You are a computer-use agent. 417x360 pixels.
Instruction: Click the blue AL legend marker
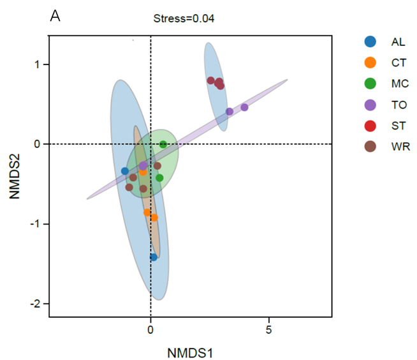pos(369,42)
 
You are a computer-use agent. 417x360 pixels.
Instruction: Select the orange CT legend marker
pos(369,63)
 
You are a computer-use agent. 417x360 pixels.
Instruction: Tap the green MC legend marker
pos(369,84)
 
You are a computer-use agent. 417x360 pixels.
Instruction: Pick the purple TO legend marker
pos(369,105)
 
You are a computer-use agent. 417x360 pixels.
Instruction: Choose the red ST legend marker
pos(369,126)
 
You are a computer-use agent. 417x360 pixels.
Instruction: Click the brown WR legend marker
pos(369,147)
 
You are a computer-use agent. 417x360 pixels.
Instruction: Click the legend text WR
pos(400,147)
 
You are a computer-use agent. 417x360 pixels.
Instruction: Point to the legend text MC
pos(400,84)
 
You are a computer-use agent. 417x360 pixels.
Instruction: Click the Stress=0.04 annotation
pos(184,19)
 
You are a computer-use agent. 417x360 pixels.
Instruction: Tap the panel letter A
pos(55,17)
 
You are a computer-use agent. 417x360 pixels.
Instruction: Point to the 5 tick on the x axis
pos(268,331)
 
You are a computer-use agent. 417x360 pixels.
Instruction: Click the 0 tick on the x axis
pos(150,331)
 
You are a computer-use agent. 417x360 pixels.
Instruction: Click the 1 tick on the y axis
pos(38,64)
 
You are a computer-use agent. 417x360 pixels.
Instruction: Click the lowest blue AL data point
pos(154,257)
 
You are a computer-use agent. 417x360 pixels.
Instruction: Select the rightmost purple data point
pos(244,107)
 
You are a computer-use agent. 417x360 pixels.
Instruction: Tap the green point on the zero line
pos(163,144)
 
